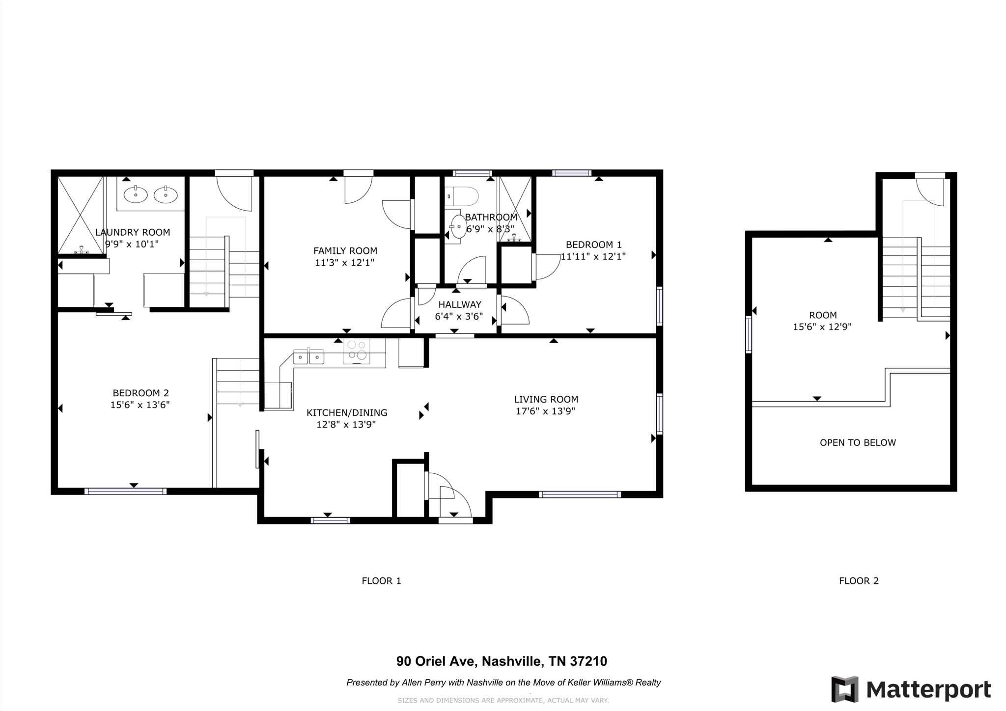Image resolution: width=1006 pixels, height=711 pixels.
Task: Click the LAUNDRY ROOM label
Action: [x=133, y=232]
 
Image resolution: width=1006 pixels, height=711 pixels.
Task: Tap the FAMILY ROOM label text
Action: [x=345, y=251]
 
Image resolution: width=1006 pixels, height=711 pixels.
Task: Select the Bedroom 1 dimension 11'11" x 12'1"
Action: [x=594, y=256]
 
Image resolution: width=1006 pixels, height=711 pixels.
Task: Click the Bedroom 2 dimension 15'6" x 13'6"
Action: [x=140, y=405]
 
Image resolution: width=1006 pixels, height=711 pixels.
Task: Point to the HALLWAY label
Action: [x=460, y=305]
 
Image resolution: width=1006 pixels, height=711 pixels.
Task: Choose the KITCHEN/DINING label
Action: [x=347, y=413]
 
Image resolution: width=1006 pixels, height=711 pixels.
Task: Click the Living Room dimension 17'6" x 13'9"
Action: [x=546, y=411]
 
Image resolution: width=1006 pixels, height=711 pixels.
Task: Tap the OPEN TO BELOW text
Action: [x=858, y=443]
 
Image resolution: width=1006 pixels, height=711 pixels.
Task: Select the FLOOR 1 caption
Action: [x=382, y=581]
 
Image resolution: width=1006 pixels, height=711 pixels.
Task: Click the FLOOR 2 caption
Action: [x=859, y=581]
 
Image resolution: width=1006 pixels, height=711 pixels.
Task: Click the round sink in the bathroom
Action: [x=459, y=226]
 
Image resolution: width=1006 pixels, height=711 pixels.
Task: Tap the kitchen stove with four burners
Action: [x=357, y=351]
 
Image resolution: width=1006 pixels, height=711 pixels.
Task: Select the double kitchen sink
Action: [x=309, y=356]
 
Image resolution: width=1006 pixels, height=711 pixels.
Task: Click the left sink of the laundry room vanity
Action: [x=136, y=195]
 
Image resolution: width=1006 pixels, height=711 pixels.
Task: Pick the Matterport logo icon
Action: [x=845, y=689]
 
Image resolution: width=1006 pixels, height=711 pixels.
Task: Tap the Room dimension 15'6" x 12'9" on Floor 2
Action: [x=822, y=327]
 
